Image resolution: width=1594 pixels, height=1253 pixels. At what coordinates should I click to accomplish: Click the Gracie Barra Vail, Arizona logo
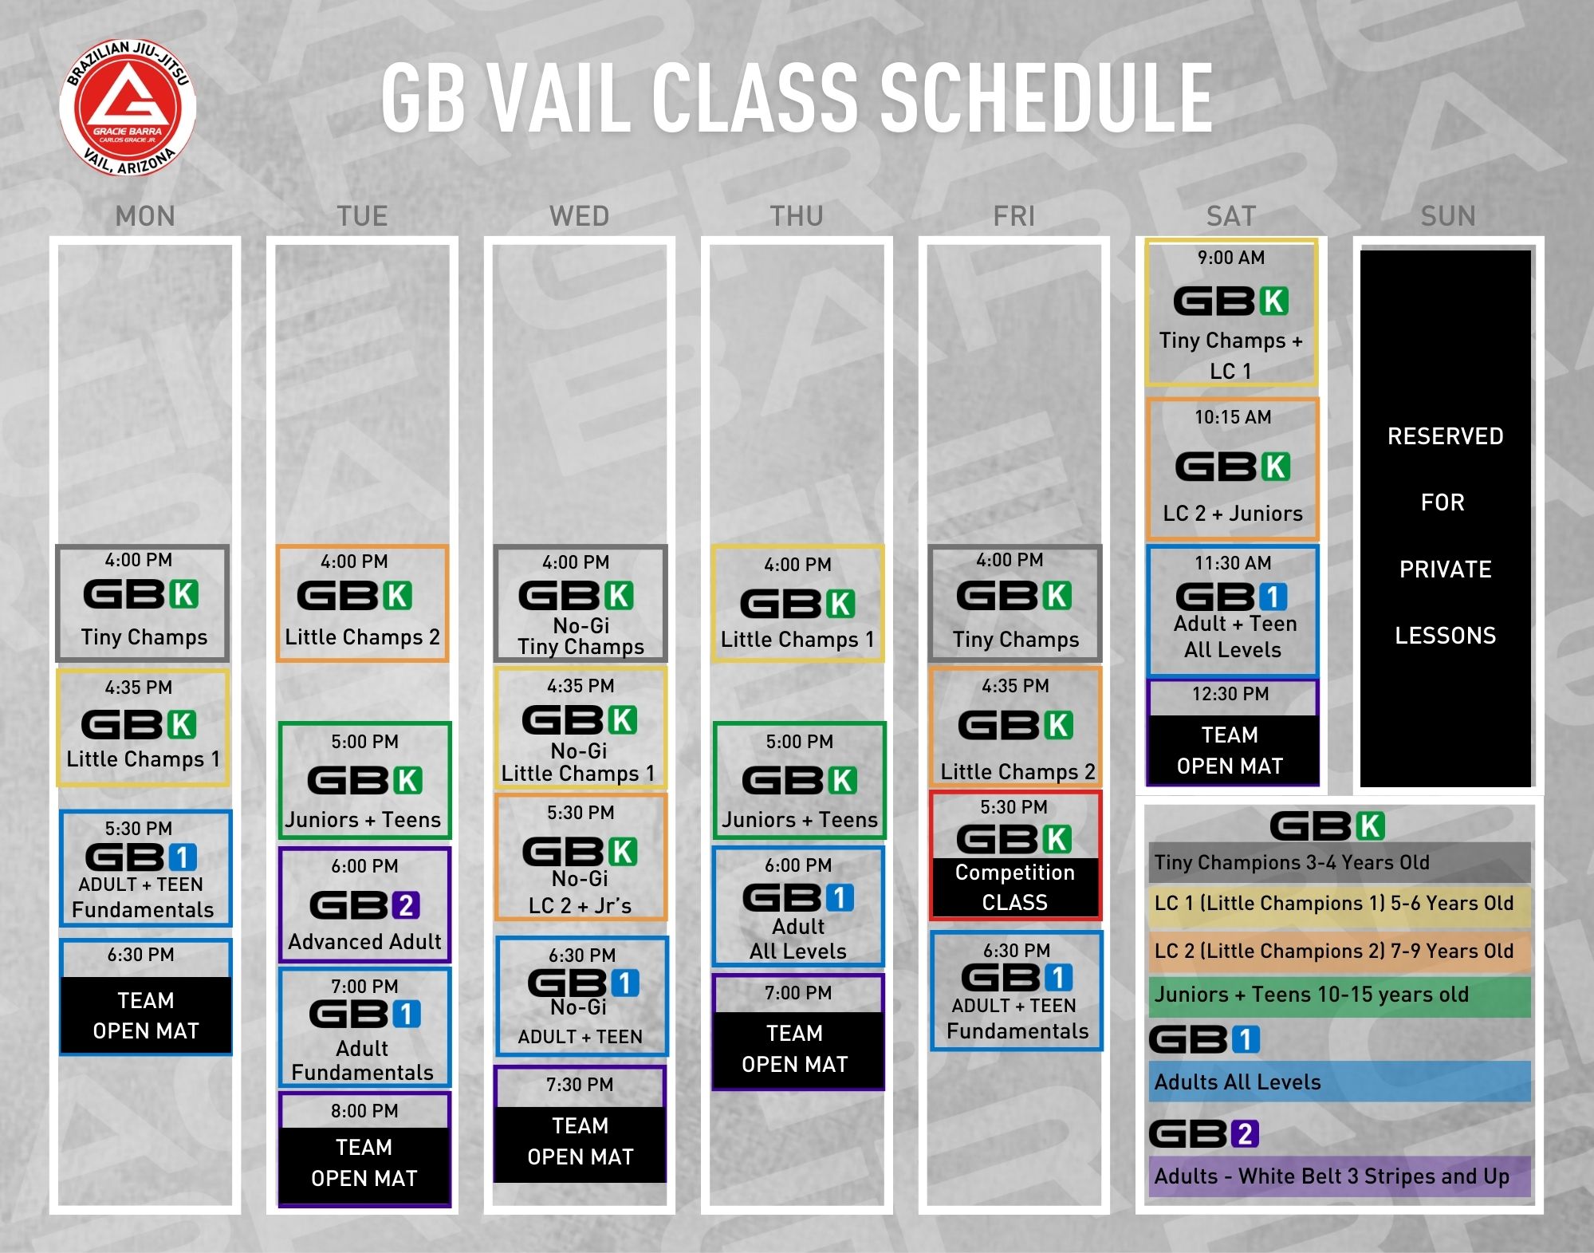click(128, 107)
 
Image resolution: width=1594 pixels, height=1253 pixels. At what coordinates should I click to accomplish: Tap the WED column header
click(579, 216)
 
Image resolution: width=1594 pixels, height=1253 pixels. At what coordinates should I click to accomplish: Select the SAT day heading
click(1230, 216)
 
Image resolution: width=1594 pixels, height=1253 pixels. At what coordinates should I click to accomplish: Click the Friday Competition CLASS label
click(1014, 888)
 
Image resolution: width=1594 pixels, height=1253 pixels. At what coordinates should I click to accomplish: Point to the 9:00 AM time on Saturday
click(1230, 258)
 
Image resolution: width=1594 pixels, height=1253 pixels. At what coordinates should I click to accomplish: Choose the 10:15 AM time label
click(1232, 417)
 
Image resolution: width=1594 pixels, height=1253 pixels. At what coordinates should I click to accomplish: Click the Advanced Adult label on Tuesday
click(364, 942)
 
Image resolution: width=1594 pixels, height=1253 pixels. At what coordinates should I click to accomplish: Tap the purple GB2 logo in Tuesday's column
click(364, 905)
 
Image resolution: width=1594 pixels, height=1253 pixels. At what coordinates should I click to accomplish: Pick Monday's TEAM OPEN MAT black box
click(145, 1015)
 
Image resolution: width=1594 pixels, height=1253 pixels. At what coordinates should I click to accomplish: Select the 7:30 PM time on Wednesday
click(580, 1085)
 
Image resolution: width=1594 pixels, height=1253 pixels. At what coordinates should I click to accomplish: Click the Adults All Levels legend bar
click(1339, 1082)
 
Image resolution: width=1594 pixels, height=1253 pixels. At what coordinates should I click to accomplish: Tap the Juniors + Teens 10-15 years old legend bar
click(1339, 995)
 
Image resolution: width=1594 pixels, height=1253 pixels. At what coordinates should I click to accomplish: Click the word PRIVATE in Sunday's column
click(1445, 569)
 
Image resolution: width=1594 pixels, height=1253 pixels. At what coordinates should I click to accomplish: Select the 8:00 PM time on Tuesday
click(364, 1111)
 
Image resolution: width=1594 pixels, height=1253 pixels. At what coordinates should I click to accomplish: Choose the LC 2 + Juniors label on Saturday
click(1233, 514)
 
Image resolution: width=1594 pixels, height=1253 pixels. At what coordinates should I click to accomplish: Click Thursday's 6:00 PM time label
click(798, 865)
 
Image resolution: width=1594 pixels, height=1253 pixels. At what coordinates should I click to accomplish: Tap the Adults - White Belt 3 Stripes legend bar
click(1339, 1176)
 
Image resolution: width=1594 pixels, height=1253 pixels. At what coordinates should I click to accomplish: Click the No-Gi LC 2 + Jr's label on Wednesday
click(580, 892)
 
